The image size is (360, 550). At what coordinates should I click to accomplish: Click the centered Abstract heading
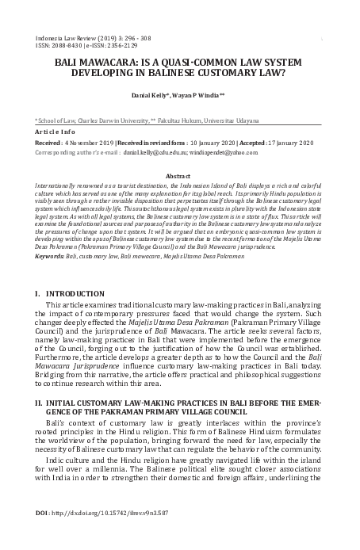180,174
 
